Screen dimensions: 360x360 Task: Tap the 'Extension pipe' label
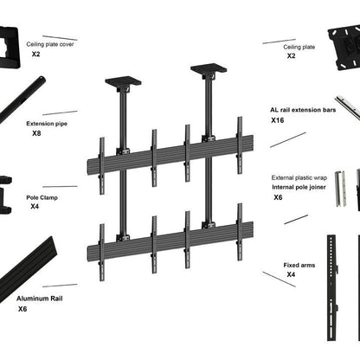click(47, 124)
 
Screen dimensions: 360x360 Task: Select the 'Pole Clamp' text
click(40, 196)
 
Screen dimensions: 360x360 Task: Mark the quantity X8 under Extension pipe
click(36, 134)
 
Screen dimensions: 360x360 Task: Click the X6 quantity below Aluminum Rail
click(22, 308)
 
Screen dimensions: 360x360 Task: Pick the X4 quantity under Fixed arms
click(292, 274)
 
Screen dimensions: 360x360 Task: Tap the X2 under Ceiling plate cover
click(36, 54)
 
